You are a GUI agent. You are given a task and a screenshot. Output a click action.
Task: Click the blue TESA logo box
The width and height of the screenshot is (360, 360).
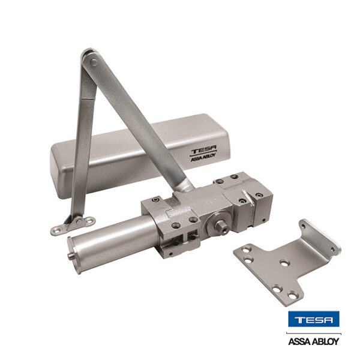314,319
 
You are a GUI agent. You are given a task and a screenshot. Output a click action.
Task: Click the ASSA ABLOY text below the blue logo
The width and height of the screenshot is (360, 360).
314,341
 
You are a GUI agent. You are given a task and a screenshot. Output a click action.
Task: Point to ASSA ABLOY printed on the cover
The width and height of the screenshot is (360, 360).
203,158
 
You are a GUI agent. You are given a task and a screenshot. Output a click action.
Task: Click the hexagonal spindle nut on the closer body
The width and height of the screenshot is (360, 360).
220,227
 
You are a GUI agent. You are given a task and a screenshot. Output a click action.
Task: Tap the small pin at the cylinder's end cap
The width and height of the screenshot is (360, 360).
70,256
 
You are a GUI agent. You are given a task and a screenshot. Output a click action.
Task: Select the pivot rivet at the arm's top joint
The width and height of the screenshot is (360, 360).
94,62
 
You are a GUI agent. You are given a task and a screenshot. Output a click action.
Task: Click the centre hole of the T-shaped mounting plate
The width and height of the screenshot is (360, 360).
284,263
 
